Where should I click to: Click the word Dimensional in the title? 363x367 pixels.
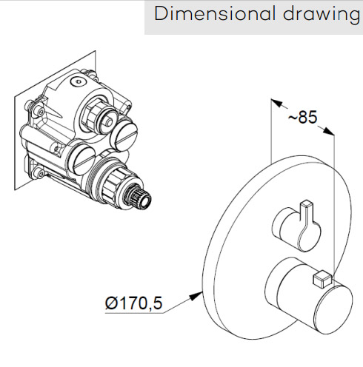coord(214,13)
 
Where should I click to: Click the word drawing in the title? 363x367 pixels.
coord(322,16)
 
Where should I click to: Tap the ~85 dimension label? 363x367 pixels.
coord(302,117)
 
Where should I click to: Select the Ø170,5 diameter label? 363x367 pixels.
coord(133,303)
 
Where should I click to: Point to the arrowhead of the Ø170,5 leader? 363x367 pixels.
coord(196,295)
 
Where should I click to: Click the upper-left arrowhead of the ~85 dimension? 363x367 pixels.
coord(276,103)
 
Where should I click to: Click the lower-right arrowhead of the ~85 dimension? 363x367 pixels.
coord(328,131)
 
